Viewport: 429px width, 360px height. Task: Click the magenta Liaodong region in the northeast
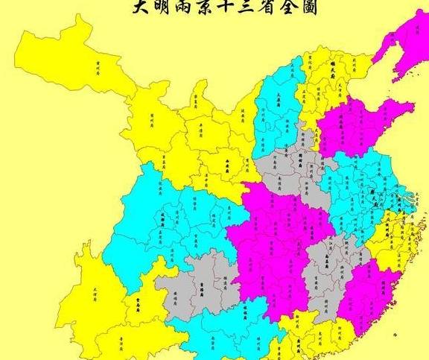tap(402, 37)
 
